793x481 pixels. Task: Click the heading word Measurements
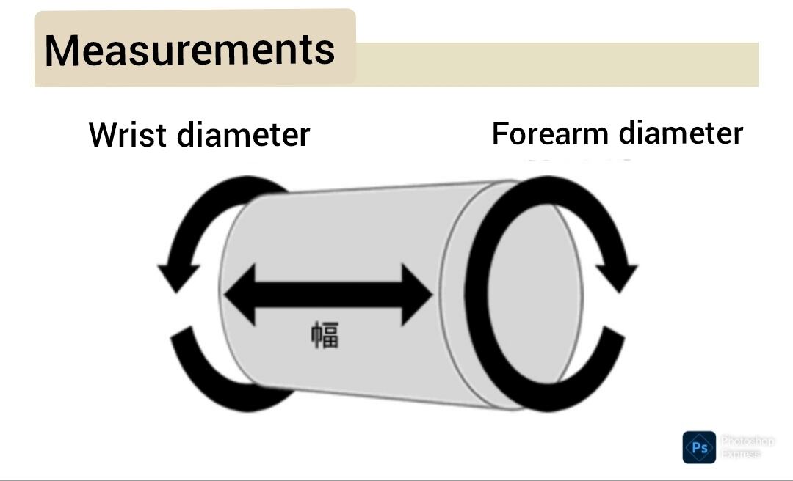click(189, 50)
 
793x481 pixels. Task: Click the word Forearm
click(551, 133)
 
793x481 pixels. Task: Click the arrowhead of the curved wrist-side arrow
click(176, 274)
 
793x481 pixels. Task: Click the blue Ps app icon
click(698, 447)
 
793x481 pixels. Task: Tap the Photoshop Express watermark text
click(747, 447)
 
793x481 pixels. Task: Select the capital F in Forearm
click(500, 133)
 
